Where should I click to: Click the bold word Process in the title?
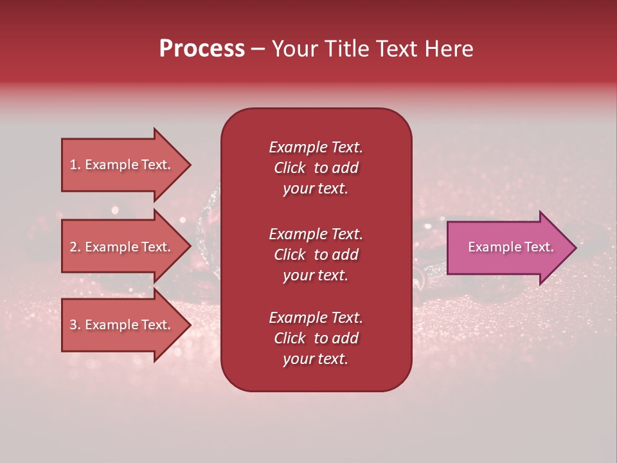[x=202, y=49]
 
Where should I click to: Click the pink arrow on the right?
[x=508, y=248]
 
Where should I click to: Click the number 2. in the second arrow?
[x=75, y=247]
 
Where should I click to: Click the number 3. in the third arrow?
[x=75, y=325]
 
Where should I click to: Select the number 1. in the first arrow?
[x=75, y=165]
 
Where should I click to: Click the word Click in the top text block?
[x=289, y=168]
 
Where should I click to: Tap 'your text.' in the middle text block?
[x=316, y=275]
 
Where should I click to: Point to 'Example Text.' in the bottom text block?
[x=316, y=318]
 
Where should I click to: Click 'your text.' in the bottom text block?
[x=316, y=359]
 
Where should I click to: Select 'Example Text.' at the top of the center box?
[x=316, y=147]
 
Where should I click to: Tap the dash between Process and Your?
[x=258, y=50]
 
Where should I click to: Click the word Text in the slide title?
[x=399, y=49]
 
